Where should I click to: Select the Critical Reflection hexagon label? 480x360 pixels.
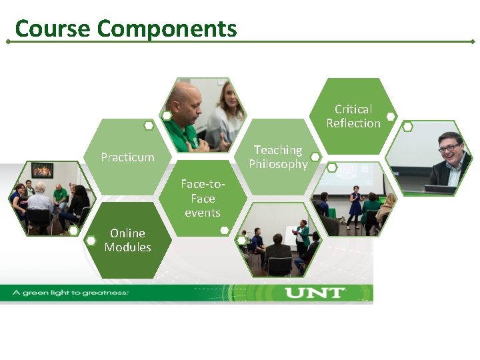pyautogui.click(x=353, y=116)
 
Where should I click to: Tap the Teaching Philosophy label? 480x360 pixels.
pyautogui.click(x=278, y=157)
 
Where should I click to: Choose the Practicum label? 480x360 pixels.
pyautogui.click(x=127, y=157)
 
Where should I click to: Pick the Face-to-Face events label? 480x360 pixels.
pyautogui.click(x=202, y=198)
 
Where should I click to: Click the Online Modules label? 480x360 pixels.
pyautogui.click(x=127, y=240)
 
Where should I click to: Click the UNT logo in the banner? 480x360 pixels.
pyautogui.click(x=315, y=293)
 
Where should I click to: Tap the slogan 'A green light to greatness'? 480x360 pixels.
pyautogui.click(x=69, y=293)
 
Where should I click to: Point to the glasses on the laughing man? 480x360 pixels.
pyautogui.click(x=449, y=147)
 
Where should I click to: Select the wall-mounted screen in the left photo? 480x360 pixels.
pyautogui.click(x=42, y=170)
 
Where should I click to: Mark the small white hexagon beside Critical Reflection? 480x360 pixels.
pyautogui.click(x=391, y=118)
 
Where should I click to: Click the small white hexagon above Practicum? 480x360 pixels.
pyautogui.click(x=149, y=125)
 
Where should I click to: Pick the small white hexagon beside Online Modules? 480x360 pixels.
pyautogui.click(x=91, y=240)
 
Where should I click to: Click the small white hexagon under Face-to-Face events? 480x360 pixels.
pyautogui.click(x=225, y=230)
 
